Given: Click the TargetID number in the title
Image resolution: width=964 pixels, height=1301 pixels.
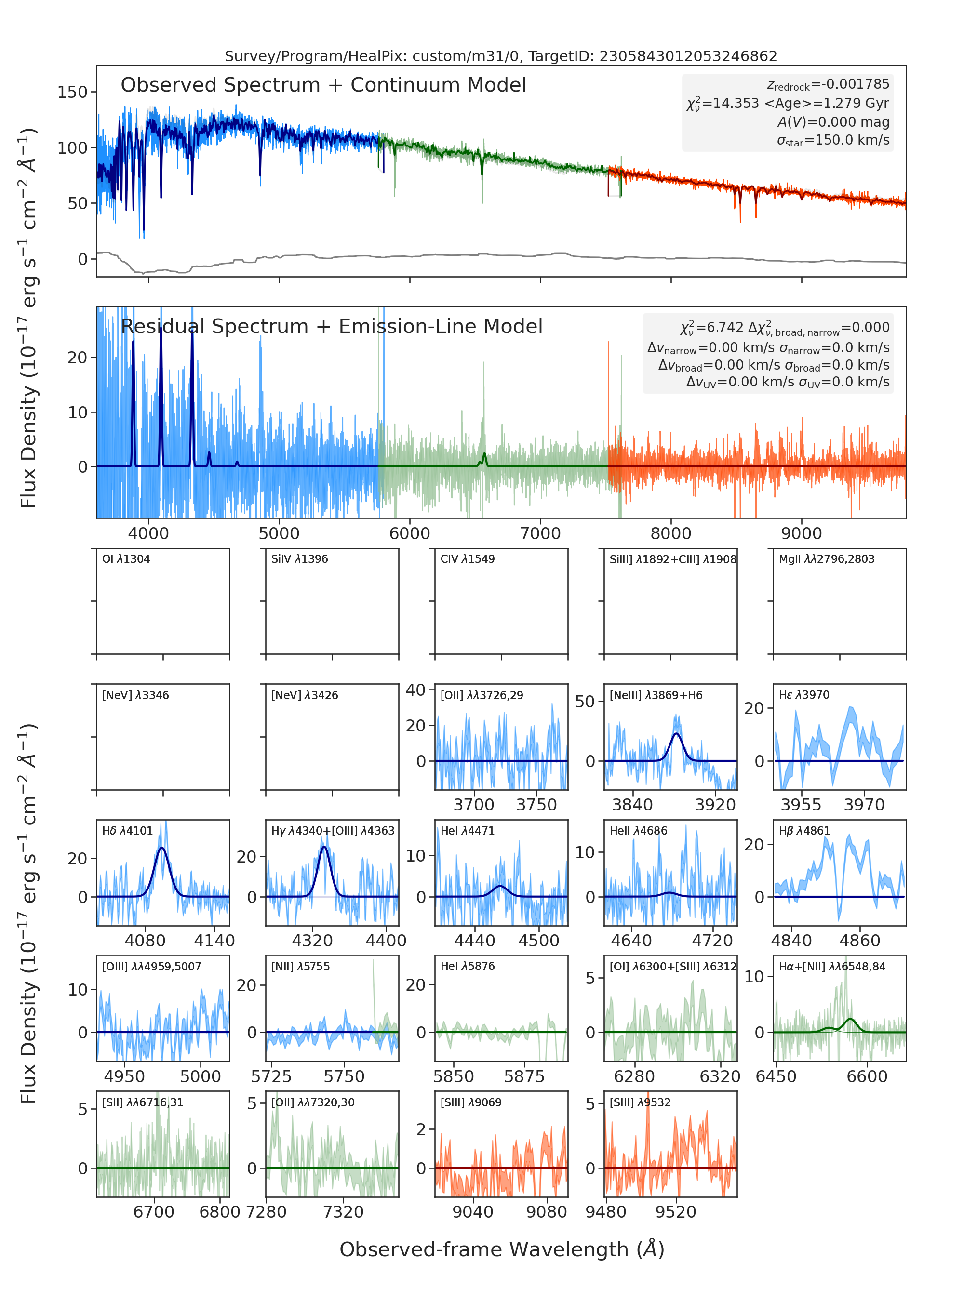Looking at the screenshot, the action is click(x=689, y=56).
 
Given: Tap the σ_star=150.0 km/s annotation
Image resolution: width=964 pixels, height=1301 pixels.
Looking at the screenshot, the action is click(x=833, y=140).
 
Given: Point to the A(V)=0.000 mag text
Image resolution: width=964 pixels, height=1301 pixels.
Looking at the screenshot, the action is click(x=834, y=122).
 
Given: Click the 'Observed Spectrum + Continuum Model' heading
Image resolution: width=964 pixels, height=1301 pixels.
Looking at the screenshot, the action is click(x=323, y=85).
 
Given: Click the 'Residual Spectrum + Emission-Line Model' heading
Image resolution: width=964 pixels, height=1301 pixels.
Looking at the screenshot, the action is click(x=332, y=326).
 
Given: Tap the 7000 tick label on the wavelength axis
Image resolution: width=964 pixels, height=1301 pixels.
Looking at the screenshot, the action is click(x=540, y=533).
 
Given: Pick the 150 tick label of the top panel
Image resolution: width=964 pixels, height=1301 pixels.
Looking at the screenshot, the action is click(x=73, y=92).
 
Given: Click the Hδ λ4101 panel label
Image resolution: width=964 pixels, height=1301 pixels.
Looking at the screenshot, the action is click(x=127, y=830).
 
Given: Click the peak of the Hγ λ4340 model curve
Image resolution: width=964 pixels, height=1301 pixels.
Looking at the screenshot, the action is click(x=324, y=847).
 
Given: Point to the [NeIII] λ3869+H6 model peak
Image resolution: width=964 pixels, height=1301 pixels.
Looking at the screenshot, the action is click(x=676, y=733).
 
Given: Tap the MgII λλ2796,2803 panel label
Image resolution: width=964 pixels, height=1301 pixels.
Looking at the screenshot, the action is click(x=827, y=559).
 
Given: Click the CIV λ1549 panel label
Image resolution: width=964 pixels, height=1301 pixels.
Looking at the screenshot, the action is click(x=468, y=559).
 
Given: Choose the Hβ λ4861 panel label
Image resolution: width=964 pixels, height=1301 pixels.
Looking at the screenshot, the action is click(x=804, y=830).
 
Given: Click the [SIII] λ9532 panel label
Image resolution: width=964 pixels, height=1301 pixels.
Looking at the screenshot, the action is click(x=640, y=1102).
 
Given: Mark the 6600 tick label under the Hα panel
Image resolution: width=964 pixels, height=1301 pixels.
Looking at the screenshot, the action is click(x=867, y=1076).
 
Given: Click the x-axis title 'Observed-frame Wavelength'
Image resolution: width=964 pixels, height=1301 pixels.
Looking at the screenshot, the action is click(x=484, y=1249).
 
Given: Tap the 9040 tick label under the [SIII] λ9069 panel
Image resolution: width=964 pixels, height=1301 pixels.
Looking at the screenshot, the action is click(x=473, y=1212).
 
